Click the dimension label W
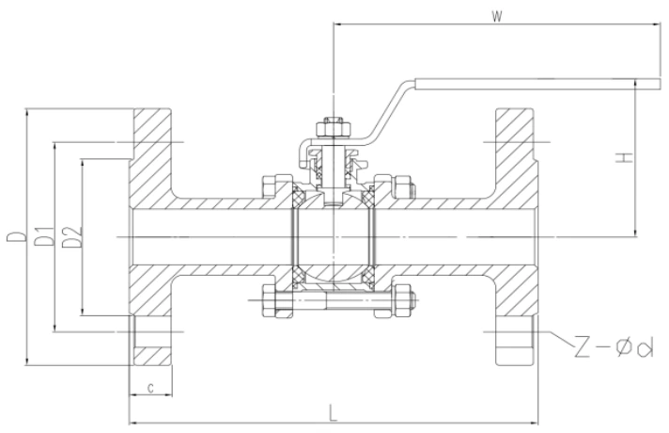tap(495, 16)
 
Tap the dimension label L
tap(334, 410)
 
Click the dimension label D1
tap(42, 238)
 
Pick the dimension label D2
tap(70, 238)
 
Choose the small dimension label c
tap(150, 386)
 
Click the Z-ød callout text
tap(612, 348)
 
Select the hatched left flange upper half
tap(150, 160)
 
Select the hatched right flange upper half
tap(516, 160)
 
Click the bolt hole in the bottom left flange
tap(150, 333)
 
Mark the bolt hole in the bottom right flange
tap(515, 333)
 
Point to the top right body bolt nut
tap(402, 185)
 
